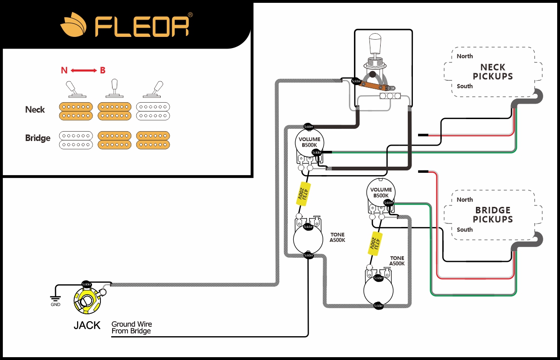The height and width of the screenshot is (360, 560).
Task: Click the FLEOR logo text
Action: (142, 27)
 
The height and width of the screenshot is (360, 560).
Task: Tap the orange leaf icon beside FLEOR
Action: (74, 26)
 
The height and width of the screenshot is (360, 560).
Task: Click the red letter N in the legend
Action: (64, 71)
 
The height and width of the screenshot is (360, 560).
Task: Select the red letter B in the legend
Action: (102, 71)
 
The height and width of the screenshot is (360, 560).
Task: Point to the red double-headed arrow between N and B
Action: (84, 71)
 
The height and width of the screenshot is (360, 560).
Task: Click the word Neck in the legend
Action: (35, 110)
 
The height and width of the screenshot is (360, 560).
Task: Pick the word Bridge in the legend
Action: (38, 138)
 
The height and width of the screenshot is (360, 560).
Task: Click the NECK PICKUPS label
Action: (493, 72)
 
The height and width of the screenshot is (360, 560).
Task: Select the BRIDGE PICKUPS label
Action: (493, 215)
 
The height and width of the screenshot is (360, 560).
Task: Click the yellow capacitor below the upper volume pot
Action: (302, 195)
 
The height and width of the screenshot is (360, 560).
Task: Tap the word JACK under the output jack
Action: (87, 325)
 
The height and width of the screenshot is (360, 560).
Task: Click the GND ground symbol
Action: (55, 299)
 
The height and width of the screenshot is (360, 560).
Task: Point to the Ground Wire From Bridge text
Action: (132, 327)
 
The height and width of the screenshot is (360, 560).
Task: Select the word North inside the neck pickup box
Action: (465, 56)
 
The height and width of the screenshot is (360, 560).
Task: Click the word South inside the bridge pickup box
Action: (465, 229)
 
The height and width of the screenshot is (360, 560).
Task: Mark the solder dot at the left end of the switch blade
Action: (356, 81)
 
